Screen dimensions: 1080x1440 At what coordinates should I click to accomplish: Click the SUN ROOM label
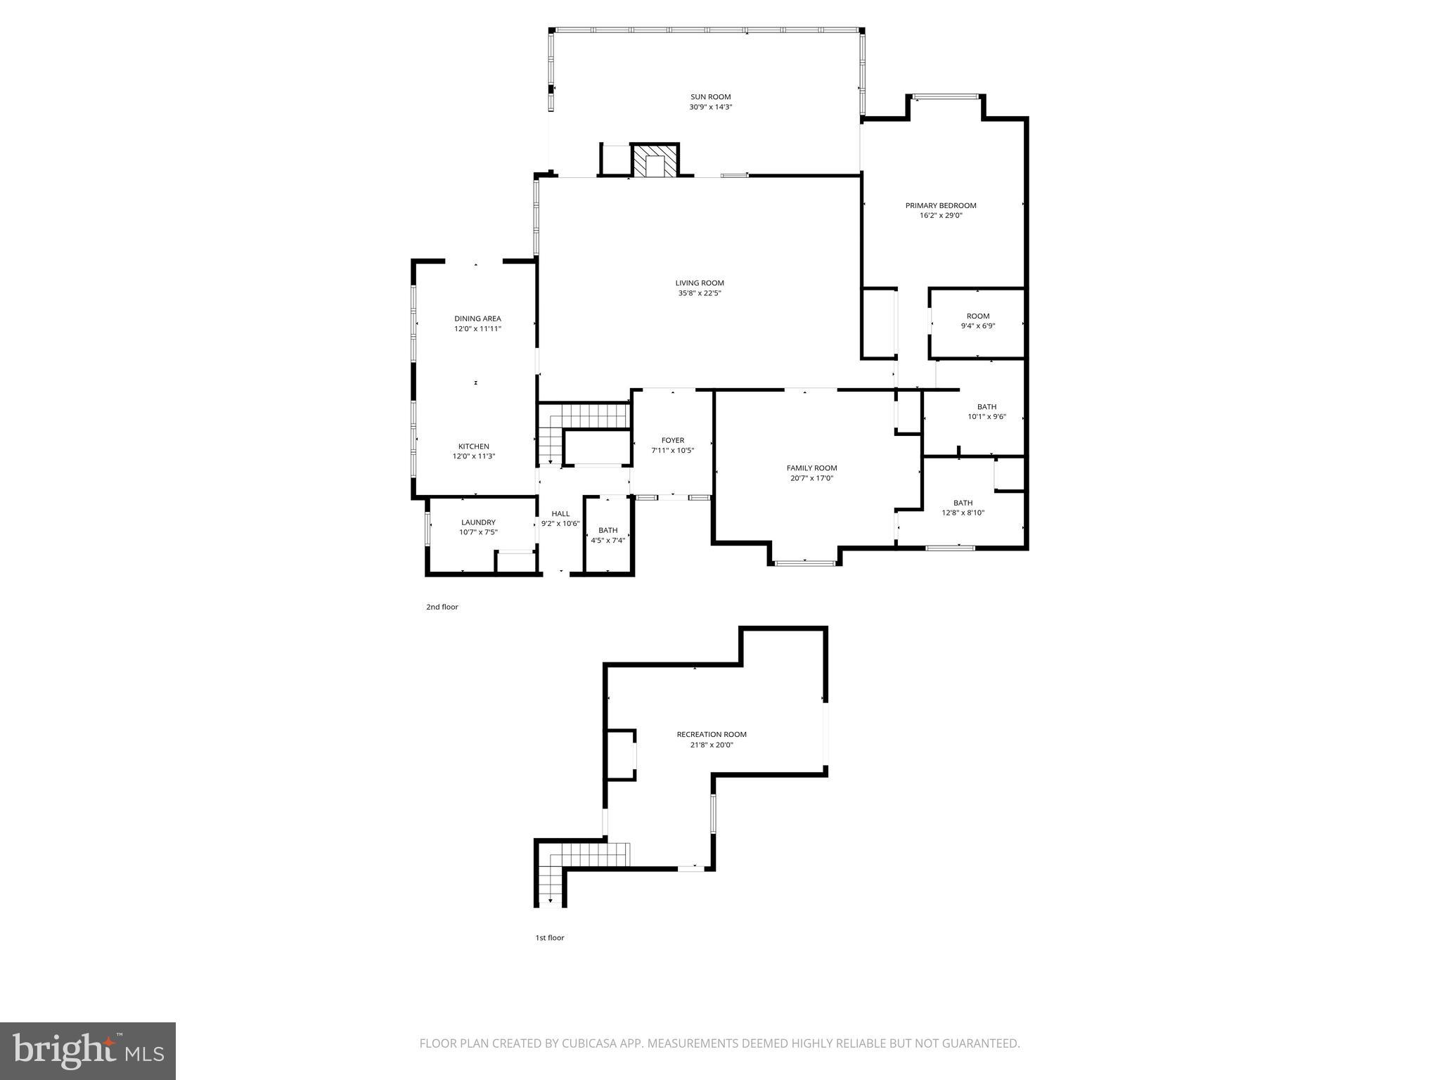pyautogui.click(x=710, y=97)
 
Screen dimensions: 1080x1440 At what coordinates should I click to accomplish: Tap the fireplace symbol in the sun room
pyautogui.click(x=655, y=161)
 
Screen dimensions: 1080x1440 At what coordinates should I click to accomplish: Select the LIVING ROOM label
pyautogui.click(x=700, y=283)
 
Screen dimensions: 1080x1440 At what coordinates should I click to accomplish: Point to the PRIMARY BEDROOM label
pyautogui.click(x=941, y=205)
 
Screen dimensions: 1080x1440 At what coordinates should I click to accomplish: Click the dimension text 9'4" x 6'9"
pyautogui.click(x=978, y=326)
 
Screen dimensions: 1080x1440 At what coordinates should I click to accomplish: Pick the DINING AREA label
pyautogui.click(x=477, y=319)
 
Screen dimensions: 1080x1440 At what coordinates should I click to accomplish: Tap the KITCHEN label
pyautogui.click(x=474, y=446)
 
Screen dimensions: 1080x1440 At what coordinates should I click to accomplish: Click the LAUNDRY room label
pyautogui.click(x=478, y=522)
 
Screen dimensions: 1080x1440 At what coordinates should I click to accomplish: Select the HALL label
pyautogui.click(x=560, y=514)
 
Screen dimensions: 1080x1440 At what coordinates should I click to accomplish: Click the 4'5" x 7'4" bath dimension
pyautogui.click(x=608, y=541)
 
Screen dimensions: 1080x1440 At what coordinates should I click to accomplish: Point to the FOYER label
pyautogui.click(x=673, y=441)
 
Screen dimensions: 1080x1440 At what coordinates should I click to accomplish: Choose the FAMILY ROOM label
pyautogui.click(x=811, y=468)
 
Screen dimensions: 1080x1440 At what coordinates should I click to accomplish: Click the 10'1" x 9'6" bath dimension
pyautogui.click(x=986, y=417)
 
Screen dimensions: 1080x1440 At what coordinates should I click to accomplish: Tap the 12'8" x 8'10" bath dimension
pyautogui.click(x=963, y=513)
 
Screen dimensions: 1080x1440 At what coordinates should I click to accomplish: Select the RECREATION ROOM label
pyautogui.click(x=712, y=734)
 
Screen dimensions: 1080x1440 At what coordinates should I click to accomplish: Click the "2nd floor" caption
pyautogui.click(x=442, y=607)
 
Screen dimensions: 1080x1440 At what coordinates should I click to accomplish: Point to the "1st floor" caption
pyautogui.click(x=550, y=937)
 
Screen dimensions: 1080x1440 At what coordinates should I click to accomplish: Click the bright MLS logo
pyautogui.click(x=88, y=1050)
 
